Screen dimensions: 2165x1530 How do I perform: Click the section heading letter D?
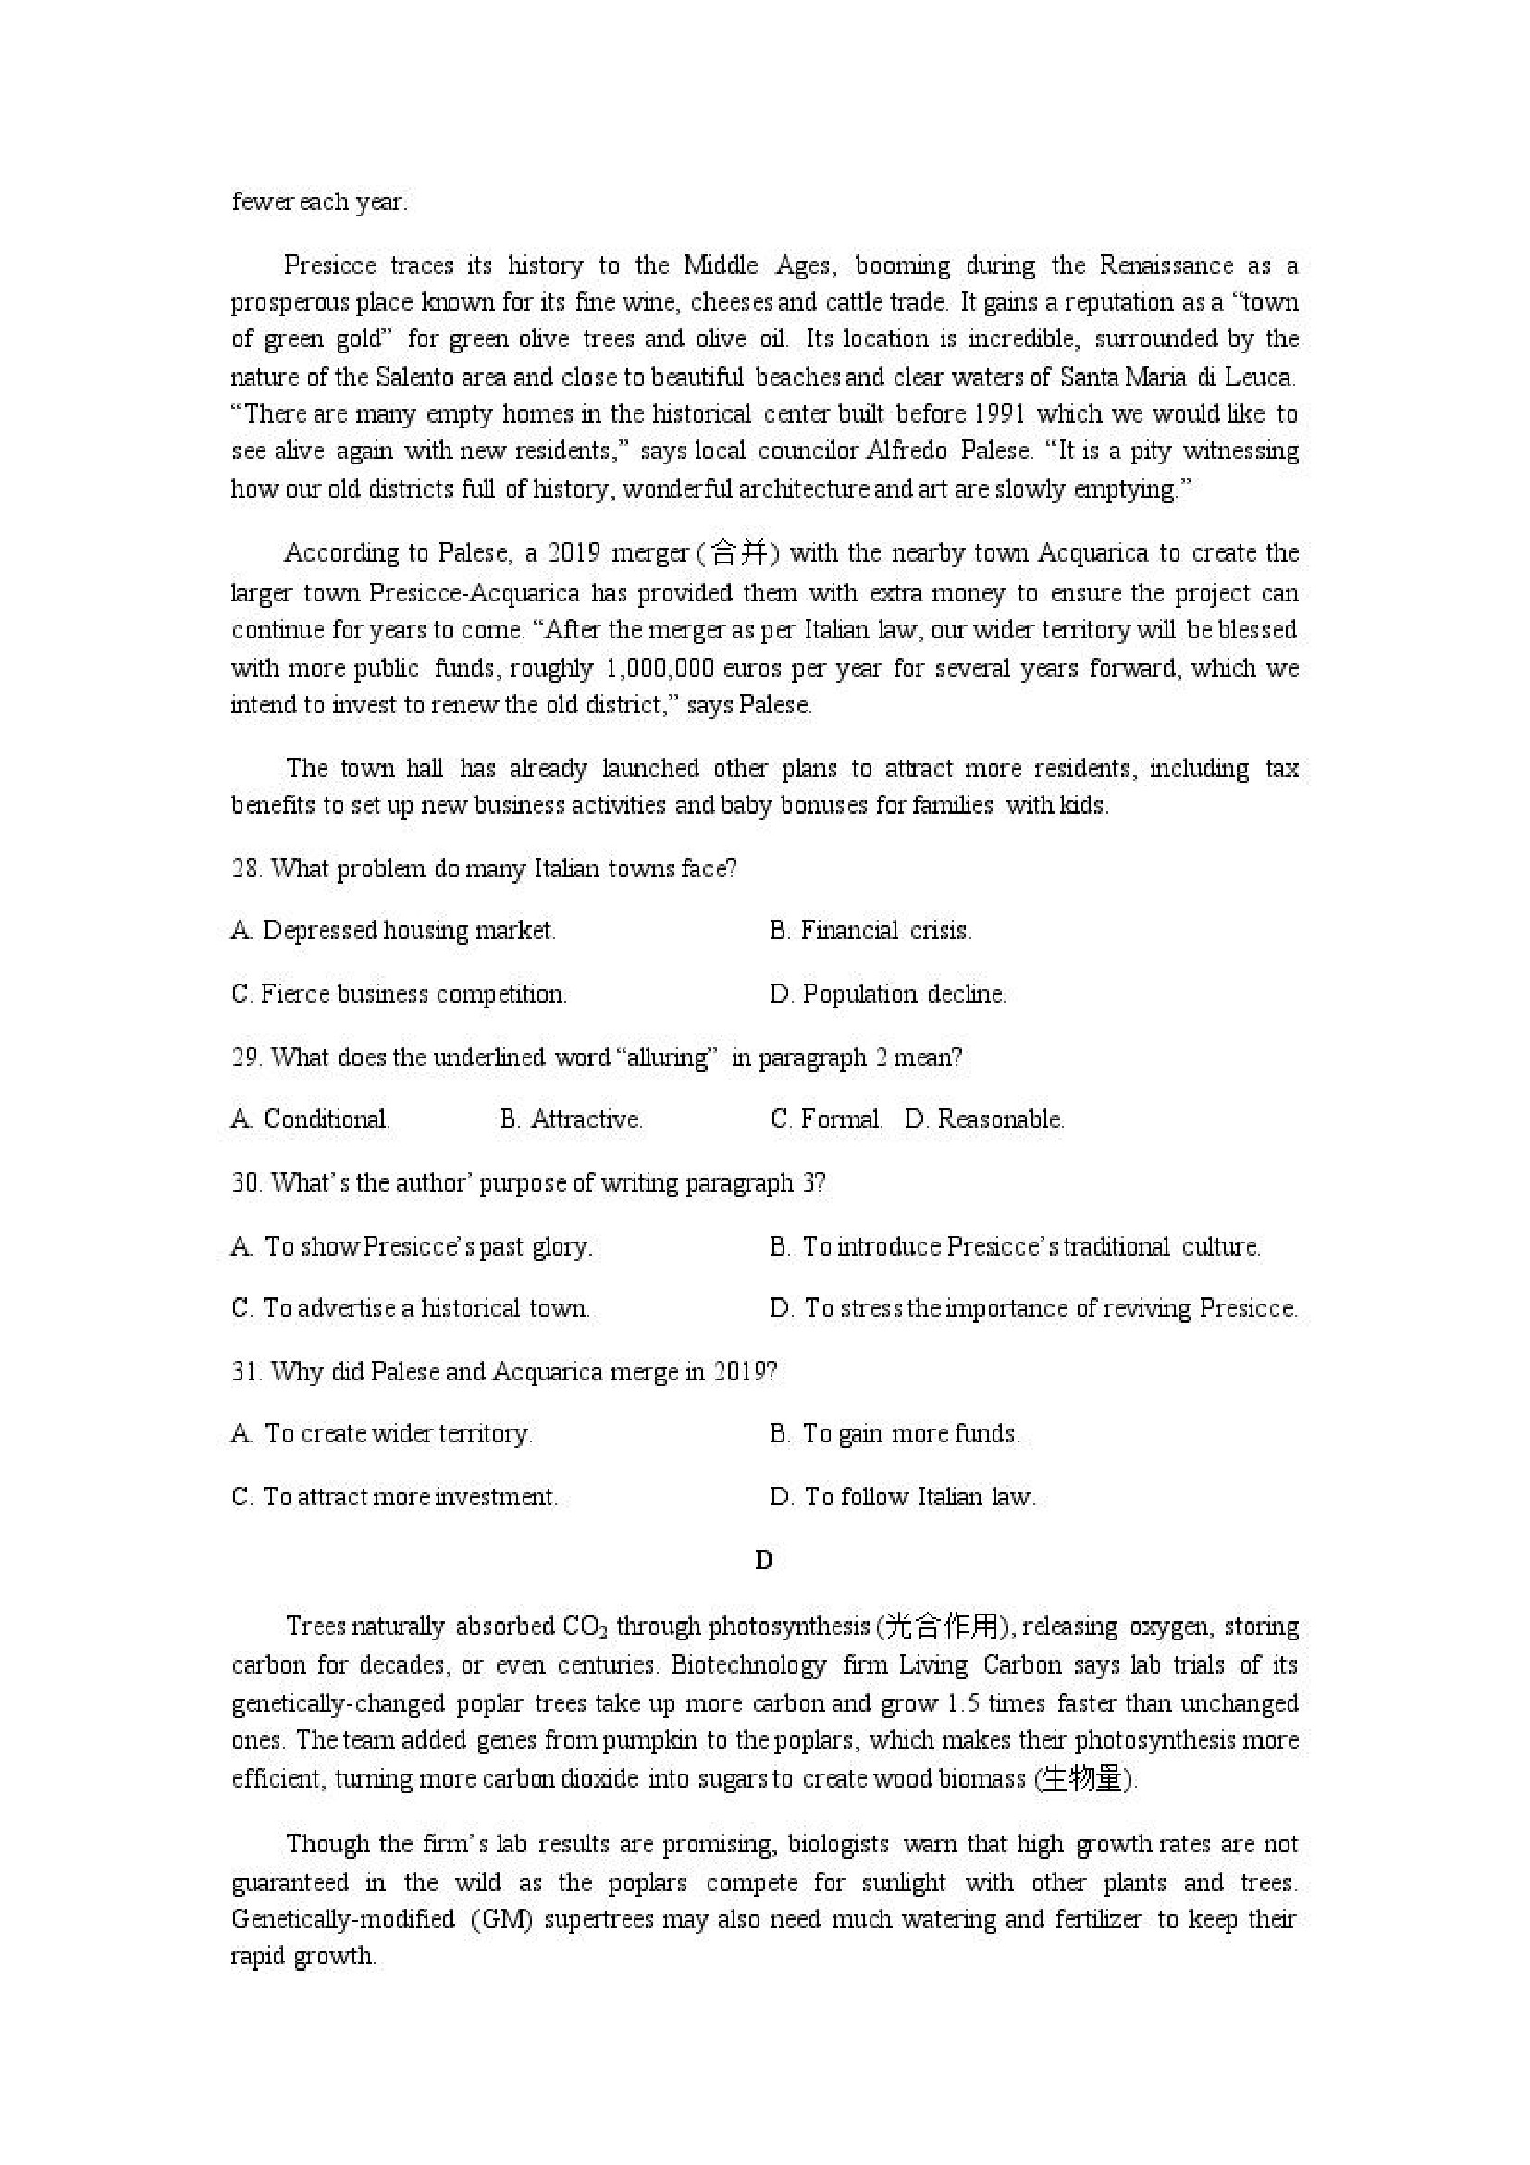[x=763, y=1561]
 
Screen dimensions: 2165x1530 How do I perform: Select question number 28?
[x=245, y=869]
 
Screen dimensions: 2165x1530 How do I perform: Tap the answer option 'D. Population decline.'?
[x=887, y=994]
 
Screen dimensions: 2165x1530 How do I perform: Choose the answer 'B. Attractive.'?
[x=572, y=1120]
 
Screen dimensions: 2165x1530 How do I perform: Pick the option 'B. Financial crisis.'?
[x=870, y=931]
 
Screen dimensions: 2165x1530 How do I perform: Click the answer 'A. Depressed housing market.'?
[x=393, y=931]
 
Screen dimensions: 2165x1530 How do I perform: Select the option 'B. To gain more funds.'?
[x=894, y=1434]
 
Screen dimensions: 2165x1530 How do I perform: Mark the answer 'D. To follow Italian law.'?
[x=902, y=1497]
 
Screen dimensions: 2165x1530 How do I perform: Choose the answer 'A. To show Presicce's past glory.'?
[x=412, y=1246]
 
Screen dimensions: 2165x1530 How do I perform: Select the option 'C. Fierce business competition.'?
[x=399, y=994]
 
